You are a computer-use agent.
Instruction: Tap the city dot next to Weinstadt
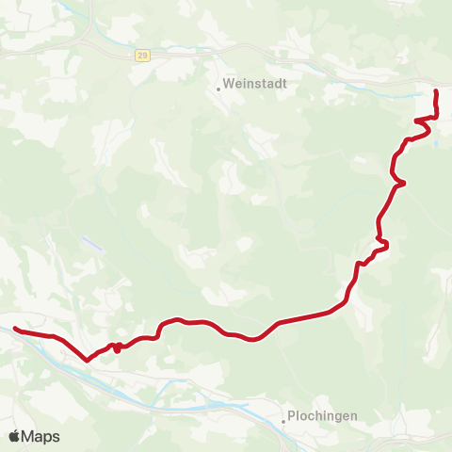pos(218,89)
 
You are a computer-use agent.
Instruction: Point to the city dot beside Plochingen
pos(283,422)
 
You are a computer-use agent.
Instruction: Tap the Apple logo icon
pos(14,436)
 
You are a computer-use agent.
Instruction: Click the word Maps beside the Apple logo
pos(40,437)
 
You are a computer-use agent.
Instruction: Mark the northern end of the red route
pos(435,91)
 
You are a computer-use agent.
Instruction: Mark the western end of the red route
pos(15,329)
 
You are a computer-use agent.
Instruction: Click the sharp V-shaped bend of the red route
pos(88,359)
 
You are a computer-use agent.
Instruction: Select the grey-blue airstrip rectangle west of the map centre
pos(92,244)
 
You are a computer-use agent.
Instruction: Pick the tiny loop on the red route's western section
pos(116,347)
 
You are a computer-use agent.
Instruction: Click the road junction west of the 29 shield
pos(88,46)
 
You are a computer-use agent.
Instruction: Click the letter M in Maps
pos(29,437)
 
